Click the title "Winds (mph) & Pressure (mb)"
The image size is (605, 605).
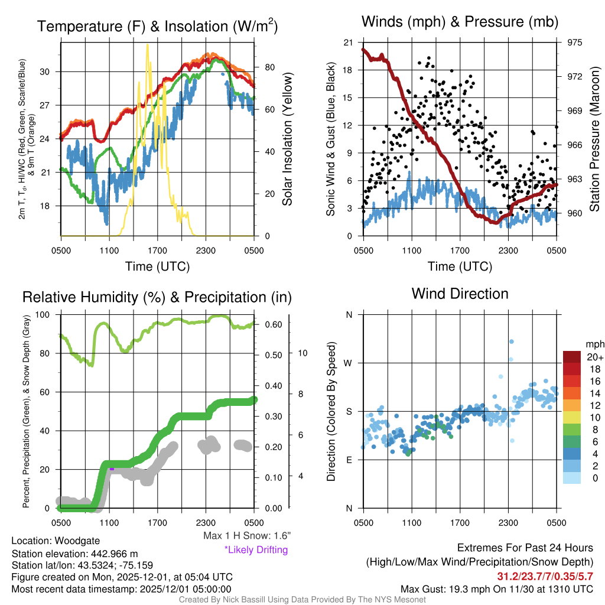click(x=460, y=22)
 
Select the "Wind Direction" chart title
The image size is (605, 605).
click(x=460, y=294)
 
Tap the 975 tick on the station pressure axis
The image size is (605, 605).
click(x=574, y=43)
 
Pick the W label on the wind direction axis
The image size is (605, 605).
click(x=348, y=363)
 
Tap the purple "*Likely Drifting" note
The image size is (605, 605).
click(x=256, y=550)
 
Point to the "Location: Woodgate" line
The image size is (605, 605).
click(x=56, y=541)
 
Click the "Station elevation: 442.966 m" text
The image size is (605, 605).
click(x=74, y=554)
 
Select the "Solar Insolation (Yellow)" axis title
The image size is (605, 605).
click(x=288, y=139)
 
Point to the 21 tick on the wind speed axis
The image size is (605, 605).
click(x=348, y=43)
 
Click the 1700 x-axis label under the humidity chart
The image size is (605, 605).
click(x=157, y=522)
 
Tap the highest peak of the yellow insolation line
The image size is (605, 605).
click(x=148, y=44)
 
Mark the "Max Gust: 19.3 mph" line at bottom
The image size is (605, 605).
click(x=496, y=589)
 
